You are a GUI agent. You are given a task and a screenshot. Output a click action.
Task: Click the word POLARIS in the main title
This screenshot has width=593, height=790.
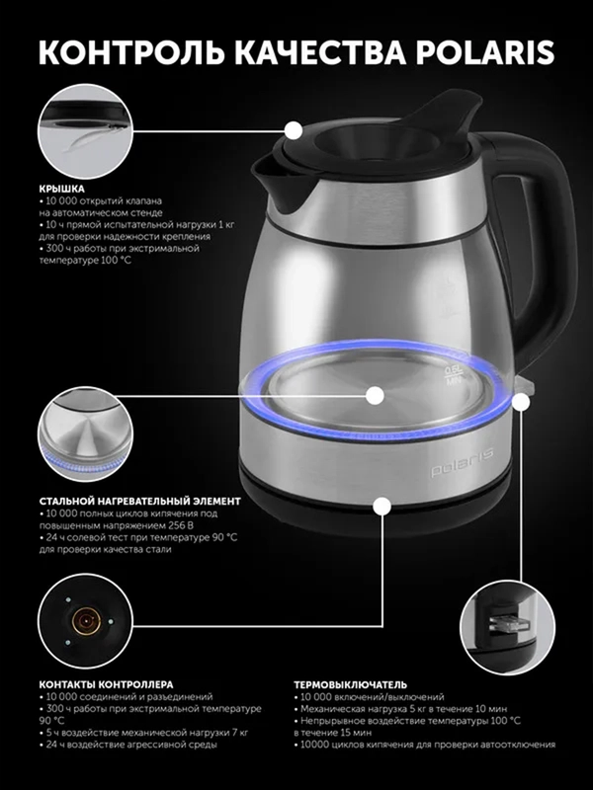484,52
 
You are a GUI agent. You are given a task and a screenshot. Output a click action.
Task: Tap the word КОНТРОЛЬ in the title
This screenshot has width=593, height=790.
131,52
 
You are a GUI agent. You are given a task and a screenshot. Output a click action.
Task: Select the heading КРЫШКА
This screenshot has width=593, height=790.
61,189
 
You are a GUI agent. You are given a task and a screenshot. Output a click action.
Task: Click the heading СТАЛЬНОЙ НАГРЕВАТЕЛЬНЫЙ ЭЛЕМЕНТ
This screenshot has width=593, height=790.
139,502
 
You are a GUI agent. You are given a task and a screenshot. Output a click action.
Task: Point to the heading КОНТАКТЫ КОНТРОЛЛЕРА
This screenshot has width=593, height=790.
106,684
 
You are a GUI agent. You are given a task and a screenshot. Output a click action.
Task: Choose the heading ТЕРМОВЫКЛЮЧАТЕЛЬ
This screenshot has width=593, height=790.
350,684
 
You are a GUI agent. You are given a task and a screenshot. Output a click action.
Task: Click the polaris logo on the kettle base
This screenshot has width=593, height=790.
462,462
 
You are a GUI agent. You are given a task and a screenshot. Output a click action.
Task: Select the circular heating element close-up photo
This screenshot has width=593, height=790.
85,434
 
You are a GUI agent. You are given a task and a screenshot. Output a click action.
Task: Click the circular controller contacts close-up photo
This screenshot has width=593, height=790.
85,621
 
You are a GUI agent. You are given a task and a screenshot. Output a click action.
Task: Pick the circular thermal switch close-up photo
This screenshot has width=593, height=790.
507,628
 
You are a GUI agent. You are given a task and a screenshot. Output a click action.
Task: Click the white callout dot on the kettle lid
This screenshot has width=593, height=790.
294,130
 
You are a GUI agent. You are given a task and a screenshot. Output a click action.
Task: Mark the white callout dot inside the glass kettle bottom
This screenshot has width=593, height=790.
375,396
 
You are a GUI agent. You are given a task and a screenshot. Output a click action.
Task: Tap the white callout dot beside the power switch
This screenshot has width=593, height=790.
521,402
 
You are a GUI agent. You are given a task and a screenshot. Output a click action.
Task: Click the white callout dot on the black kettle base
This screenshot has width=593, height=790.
382,506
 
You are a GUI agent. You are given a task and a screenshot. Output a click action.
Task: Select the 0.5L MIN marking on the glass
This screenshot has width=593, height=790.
454,376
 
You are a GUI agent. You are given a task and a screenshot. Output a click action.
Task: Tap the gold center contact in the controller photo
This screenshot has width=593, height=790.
86,622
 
